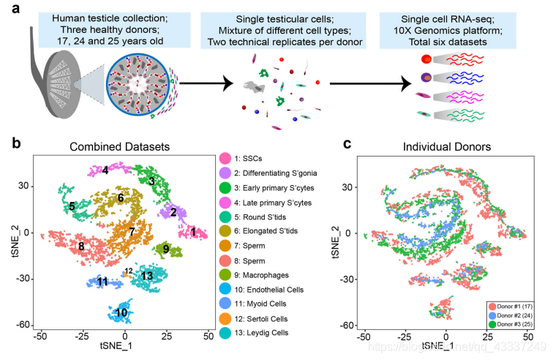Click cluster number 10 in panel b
(x=121, y=313)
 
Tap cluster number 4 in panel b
(x=105, y=170)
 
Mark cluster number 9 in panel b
(x=167, y=250)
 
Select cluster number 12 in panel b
(x=129, y=271)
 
